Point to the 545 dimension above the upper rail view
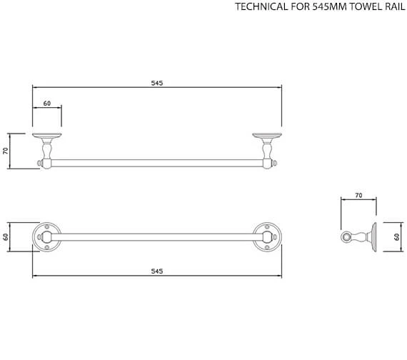click(157, 83)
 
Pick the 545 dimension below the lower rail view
click(157, 271)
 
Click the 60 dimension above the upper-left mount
click(47, 104)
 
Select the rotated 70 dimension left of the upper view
click(6, 151)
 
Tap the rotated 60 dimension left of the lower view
click(6, 236)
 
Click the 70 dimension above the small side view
click(358, 195)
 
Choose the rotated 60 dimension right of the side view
click(398, 236)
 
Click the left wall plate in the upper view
click(47, 135)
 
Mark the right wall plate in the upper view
click(267, 135)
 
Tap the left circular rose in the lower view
click(46, 236)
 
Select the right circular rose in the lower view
click(267, 236)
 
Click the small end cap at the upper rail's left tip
click(39, 164)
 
